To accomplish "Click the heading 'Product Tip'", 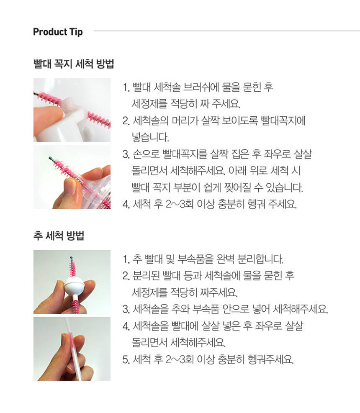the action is [x=58, y=32].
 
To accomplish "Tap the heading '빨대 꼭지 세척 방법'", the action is [x=74, y=64].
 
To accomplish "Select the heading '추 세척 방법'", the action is [x=59, y=235].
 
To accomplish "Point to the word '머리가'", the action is [x=185, y=121].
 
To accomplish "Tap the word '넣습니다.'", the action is [x=150, y=137].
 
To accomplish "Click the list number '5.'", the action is [x=126, y=359].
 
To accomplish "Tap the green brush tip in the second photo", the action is [x=50, y=158].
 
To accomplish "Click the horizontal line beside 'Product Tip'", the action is [x=226, y=31].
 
